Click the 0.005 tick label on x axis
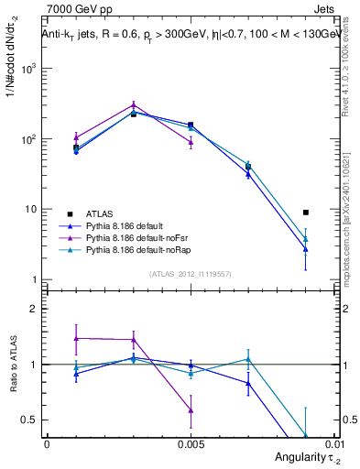191,442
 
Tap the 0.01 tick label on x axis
335,442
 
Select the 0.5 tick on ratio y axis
29,420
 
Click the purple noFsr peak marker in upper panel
134,105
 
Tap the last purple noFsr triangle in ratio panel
191,410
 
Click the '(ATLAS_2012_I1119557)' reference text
189,274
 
